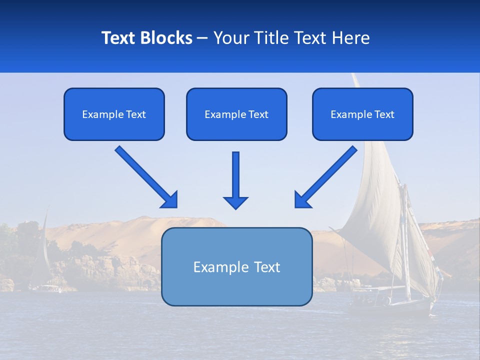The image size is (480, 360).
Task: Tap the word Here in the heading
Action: [x=350, y=38]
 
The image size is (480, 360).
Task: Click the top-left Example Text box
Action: [x=114, y=114]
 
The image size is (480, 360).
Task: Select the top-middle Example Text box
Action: [x=236, y=114]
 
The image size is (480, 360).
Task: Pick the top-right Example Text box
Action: [x=362, y=114]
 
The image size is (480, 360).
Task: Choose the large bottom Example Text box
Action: [x=236, y=266]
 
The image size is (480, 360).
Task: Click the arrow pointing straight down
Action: [x=235, y=180]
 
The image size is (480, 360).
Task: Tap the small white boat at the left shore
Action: [x=48, y=288]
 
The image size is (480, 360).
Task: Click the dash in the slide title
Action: [x=202, y=38]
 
